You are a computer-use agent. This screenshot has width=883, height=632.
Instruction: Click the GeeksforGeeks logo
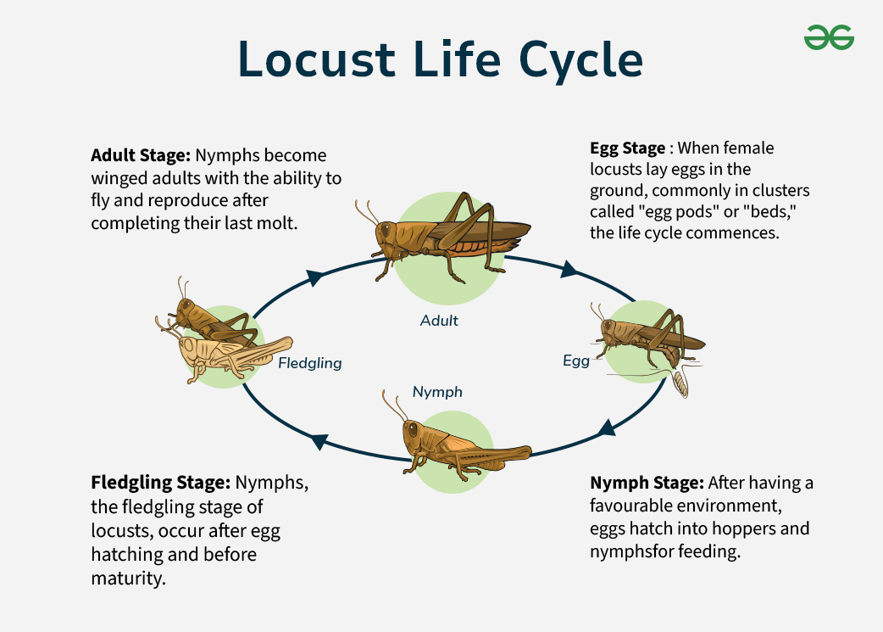coord(829,37)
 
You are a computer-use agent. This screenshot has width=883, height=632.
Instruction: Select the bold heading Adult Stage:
coord(141,156)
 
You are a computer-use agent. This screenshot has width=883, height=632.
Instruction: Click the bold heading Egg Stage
coord(628,148)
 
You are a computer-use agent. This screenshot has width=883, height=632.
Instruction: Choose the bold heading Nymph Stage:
coord(647,483)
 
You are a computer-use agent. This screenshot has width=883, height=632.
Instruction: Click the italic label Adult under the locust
coord(439,321)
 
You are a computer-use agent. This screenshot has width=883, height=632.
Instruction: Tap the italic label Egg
coord(576,361)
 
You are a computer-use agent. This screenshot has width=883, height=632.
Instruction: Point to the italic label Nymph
coord(437,391)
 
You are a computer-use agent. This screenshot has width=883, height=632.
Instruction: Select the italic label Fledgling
coord(310,363)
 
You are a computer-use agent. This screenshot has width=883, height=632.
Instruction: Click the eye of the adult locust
coord(386,229)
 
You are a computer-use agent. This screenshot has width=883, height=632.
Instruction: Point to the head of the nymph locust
coord(414,433)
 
